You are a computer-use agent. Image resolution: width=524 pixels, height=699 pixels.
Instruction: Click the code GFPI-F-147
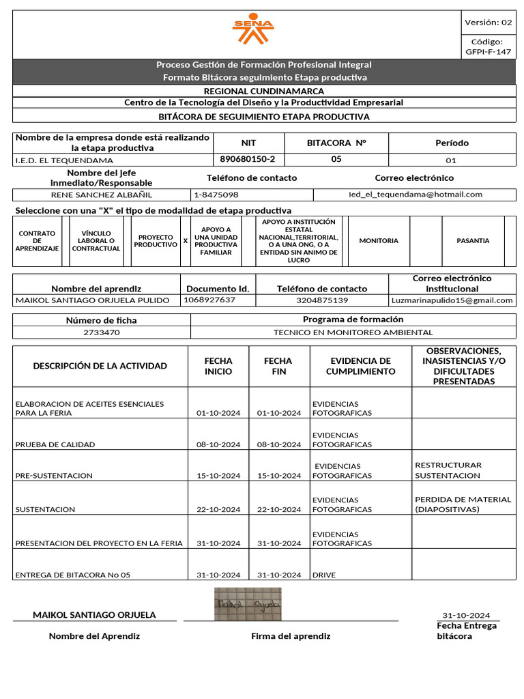pos(488,52)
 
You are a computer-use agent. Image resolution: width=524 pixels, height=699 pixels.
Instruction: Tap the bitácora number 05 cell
pos(336,159)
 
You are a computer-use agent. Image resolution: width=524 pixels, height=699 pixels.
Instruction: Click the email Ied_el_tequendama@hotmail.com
pos(415,195)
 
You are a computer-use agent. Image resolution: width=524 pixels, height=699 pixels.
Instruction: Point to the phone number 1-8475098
pos(216,195)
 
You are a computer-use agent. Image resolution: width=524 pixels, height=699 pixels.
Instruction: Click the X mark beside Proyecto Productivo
pos(186,241)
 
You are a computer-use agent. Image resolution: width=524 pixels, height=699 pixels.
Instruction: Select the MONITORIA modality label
pos(379,241)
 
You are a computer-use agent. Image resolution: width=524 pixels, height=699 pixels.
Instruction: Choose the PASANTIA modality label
pos(473,241)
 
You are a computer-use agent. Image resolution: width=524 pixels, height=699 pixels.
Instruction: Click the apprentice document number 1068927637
pos(209,300)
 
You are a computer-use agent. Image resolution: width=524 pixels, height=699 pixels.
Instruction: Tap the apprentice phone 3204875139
pos(322,300)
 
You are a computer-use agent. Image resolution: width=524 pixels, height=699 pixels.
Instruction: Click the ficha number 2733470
pos(101,332)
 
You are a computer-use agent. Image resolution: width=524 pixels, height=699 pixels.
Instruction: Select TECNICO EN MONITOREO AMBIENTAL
pos(353,332)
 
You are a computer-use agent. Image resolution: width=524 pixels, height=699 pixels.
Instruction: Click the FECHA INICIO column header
pos(218,366)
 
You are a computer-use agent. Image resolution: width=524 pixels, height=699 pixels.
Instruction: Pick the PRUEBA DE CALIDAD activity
pos(55,445)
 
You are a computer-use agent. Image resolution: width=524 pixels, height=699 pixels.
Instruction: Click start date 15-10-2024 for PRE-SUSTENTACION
pos(218,476)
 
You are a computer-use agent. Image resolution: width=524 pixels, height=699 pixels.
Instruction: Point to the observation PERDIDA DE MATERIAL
pos(463,500)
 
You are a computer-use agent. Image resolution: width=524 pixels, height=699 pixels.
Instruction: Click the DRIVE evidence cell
pos(324,575)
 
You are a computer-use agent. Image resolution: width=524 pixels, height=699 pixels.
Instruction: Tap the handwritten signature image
pos(248,603)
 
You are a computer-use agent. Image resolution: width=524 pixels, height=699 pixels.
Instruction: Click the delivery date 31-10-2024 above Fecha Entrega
pos(466,616)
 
